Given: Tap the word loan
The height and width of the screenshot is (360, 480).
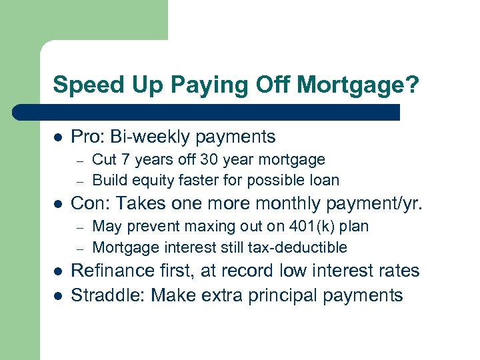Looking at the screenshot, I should pyautogui.click(x=323, y=180).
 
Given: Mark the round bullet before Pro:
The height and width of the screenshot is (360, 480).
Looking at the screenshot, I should pyautogui.click(x=58, y=137).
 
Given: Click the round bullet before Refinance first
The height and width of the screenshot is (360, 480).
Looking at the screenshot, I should pyautogui.click(x=58, y=271).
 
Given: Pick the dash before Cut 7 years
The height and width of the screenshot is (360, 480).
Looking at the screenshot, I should pyautogui.click(x=78, y=160).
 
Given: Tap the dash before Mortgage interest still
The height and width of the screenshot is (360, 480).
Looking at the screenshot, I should pyautogui.click(x=78, y=248).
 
